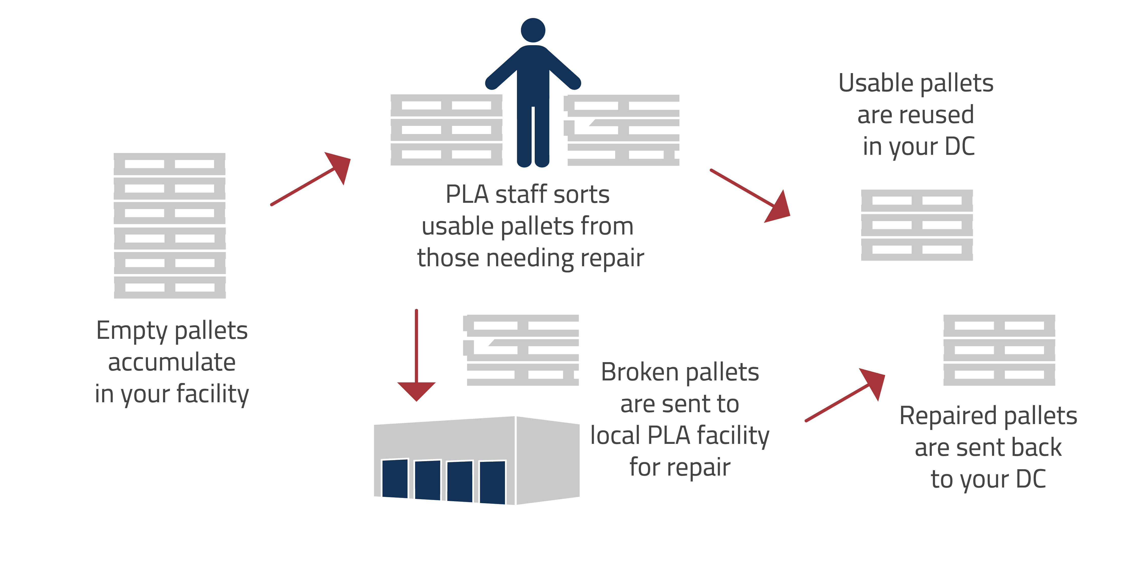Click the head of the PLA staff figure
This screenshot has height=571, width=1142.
(x=533, y=30)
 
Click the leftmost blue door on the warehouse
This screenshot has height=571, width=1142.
(x=395, y=479)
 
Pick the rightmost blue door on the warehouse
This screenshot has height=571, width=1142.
(x=492, y=482)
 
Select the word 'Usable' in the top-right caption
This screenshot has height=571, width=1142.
(x=876, y=83)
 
